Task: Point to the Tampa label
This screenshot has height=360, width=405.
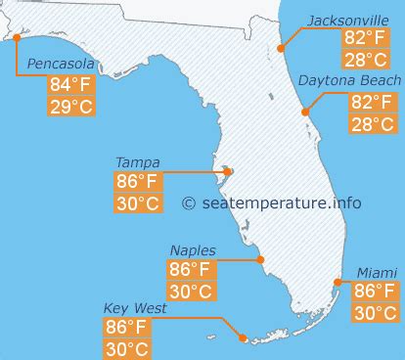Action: pos(138,162)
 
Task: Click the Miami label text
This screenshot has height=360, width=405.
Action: pos(377,272)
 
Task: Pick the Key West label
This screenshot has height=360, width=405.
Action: pos(135,308)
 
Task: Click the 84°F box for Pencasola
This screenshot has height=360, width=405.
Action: pos(71,85)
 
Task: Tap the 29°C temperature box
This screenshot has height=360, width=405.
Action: pos(71,107)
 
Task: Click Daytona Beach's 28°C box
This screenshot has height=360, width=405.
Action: pos(372,123)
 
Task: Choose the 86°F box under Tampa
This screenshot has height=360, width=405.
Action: pos(138,182)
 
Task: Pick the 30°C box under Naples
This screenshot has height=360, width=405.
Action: pos(191,292)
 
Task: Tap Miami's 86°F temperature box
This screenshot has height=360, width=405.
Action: pos(376,292)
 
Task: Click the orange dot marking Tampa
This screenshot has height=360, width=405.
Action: pos(223,173)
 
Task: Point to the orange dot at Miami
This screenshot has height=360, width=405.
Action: pos(337,282)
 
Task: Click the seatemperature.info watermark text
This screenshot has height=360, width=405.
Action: pos(272,203)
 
